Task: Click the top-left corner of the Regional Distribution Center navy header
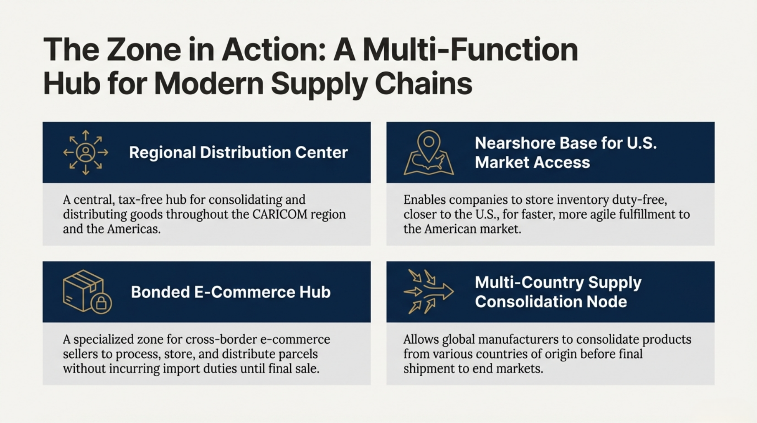click(x=43, y=122)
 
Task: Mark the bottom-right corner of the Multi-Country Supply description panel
click(x=714, y=385)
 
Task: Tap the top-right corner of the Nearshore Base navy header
click(x=714, y=122)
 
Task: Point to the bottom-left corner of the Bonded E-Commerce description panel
click(x=43, y=385)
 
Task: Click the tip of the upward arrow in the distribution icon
click(x=86, y=131)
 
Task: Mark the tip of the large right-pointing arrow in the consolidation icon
click(x=453, y=292)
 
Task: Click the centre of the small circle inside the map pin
click(x=429, y=142)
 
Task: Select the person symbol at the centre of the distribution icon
click(x=86, y=152)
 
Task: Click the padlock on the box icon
click(x=101, y=303)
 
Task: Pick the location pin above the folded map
click(x=429, y=146)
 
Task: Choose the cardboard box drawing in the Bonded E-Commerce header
click(x=83, y=291)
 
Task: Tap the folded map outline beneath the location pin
click(x=429, y=164)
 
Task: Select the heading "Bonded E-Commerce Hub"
click(x=231, y=292)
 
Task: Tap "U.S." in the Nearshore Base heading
click(x=641, y=143)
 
